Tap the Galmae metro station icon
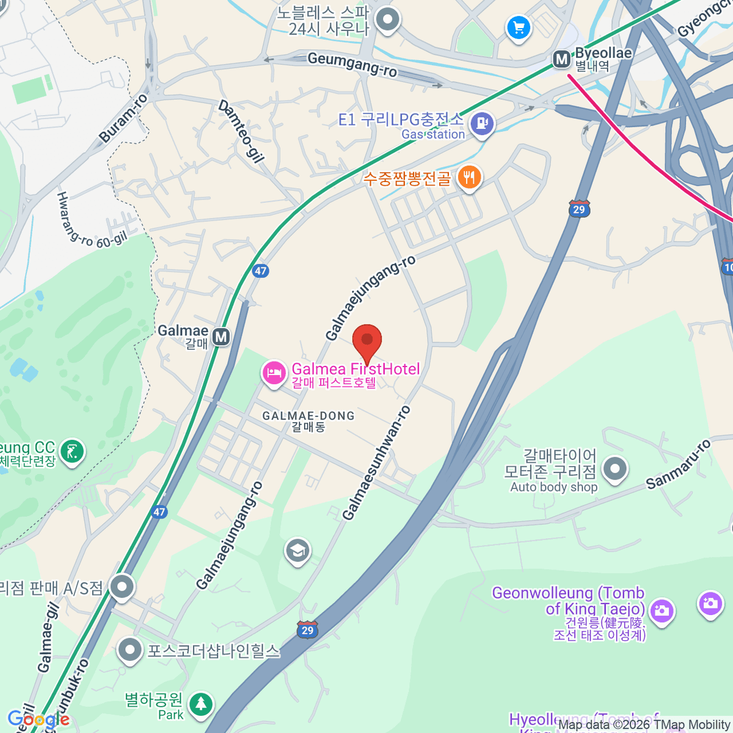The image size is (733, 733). tap(221, 337)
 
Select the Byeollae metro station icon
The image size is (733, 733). tap(561, 59)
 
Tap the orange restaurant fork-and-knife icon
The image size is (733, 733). tap(469, 178)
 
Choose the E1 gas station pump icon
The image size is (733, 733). tap(483, 123)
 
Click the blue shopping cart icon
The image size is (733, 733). tap(519, 27)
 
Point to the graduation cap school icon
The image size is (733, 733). tap(297, 551)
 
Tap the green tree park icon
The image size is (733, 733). tap(200, 704)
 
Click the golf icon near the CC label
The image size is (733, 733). tap(73, 452)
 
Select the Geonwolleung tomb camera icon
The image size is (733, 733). tap(662, 610)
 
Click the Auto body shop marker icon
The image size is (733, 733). tap(615, 469)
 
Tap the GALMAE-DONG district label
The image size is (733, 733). tap(308, 421)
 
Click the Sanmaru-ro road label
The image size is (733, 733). tap(679, 464)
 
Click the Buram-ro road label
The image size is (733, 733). tap(124, 119)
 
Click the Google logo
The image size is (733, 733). tap(38, 720)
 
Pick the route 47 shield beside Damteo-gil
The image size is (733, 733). tap(261, 271)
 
